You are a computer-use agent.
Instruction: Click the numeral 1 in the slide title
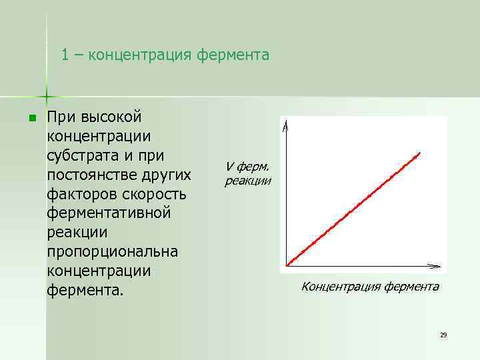click(x=65, y=55)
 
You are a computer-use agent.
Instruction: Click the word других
click(x=169, y=175)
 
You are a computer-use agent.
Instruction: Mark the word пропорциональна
click(x=113, y=253)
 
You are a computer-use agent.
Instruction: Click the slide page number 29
click(x=443, y=335)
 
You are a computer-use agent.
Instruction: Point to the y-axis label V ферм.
click(x=247, y=167)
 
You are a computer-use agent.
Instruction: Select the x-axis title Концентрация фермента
click(x=370, y=287)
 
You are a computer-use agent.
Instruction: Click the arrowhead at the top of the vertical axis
click(x=285, y=125)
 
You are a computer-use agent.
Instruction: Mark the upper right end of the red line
click(x=419, y=153)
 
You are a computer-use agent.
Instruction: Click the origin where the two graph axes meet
click(x=286, y=266)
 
